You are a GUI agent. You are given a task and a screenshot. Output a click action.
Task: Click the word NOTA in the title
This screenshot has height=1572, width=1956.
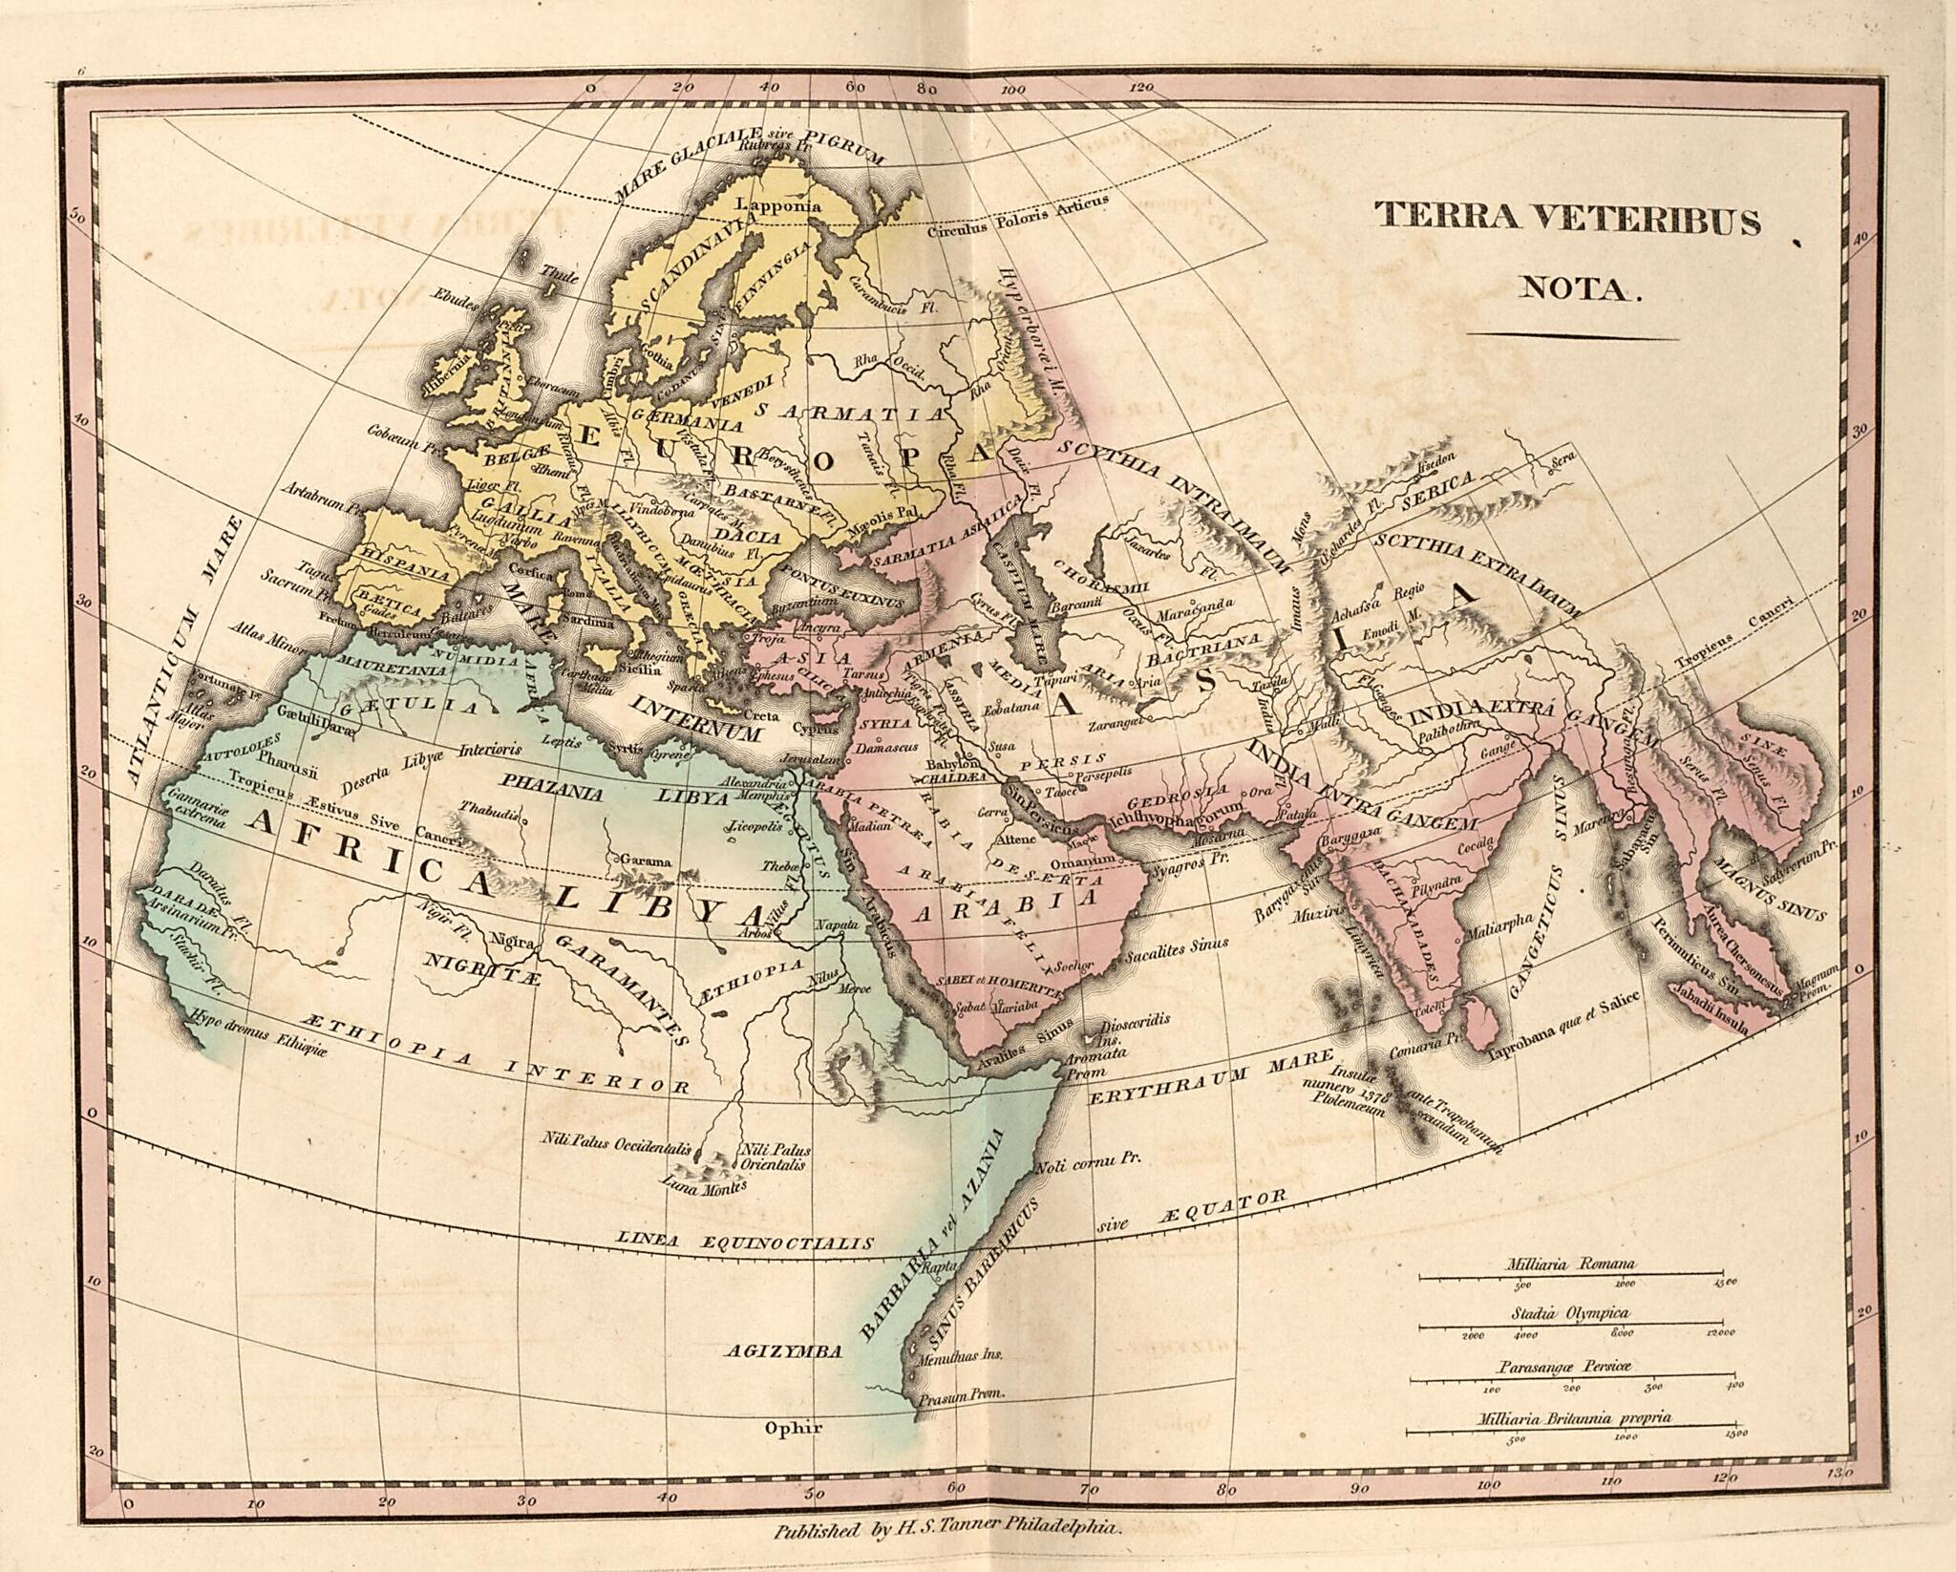[x=1580, y=287]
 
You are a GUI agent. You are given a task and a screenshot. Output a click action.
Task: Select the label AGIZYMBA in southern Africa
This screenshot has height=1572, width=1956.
[x=782, y=1350]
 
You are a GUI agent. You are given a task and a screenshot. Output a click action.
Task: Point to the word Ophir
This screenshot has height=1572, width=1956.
[x=793, y=1429]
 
